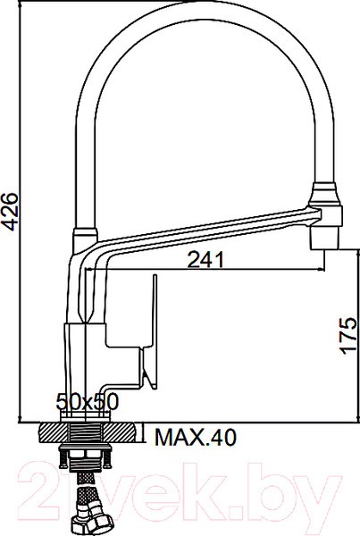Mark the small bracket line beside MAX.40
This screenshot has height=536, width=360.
click(x=147, y=435)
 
